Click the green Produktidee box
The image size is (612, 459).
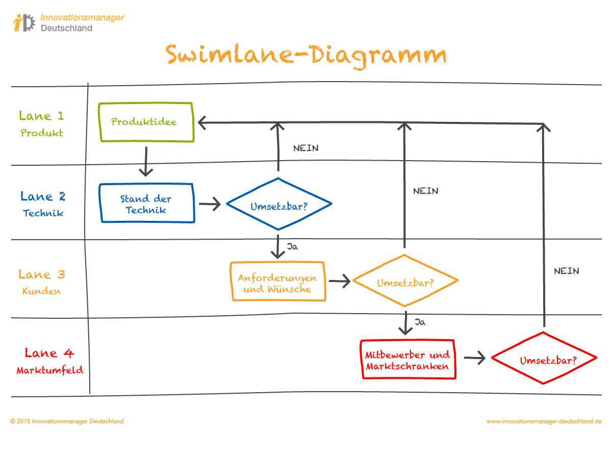(146, 122)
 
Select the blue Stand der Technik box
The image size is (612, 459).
(147, 203)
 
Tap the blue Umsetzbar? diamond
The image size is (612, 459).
(278, 205)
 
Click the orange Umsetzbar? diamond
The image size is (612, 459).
(405, 282)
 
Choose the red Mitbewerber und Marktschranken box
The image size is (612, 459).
(408, 360)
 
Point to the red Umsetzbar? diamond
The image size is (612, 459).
(544, 359)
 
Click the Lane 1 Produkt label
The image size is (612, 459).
(42, 124)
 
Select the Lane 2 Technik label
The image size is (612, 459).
(43, 203)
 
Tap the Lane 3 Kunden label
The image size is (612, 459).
(42, 282)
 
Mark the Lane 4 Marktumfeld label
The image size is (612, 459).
(49, 361)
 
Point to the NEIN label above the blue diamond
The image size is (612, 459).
(306, 148)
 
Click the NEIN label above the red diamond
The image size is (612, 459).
(567, 271)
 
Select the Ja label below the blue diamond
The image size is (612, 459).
(292, 247)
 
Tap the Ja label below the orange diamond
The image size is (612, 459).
(420, 322)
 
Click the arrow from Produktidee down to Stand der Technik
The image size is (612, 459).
(146, 161)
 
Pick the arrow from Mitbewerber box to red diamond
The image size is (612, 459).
(474, 359)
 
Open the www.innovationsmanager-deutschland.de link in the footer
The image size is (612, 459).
(544, 421)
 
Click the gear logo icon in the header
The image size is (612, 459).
(24, 22)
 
